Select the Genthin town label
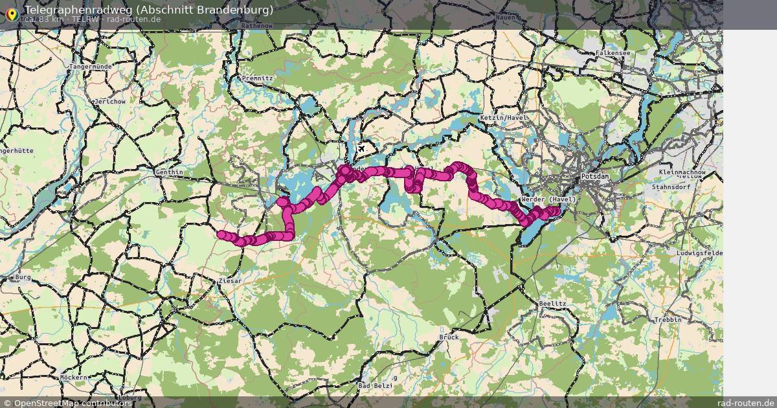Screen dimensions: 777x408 [x=170, y=172]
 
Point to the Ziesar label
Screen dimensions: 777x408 [x=230, y=281]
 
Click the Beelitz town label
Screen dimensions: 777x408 [x=552, y=303]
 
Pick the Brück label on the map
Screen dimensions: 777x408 [x=449, y=337]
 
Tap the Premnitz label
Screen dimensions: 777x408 [x=257, y=78]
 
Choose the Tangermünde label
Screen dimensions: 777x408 [x=91, y=67]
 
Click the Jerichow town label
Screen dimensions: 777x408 [x=109, y=102]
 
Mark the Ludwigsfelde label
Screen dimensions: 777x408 [x=699, y=252]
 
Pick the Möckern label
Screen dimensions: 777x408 [x=73, y=377]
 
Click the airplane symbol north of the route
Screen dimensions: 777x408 [x=361, y=150]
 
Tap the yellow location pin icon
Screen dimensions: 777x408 [x=12, y=14]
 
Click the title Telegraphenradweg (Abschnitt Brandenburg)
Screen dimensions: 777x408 [x=148, y=10]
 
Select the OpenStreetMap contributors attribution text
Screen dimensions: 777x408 [x=73, y=403]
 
